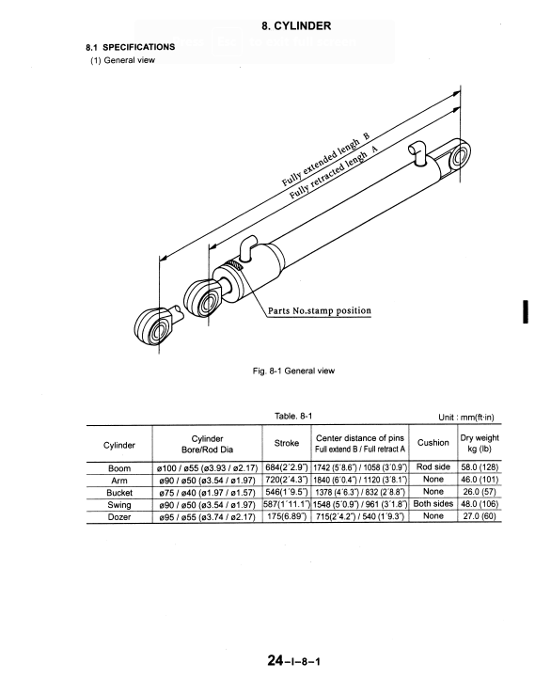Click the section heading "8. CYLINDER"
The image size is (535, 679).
click(296, 26)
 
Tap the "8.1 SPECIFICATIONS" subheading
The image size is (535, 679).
click(131, 47)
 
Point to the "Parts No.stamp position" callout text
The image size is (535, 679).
click(320, 311)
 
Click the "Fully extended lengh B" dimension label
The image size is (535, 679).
click(325, 159)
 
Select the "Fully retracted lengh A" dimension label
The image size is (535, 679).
click(333, 172)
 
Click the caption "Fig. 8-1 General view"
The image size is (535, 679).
click(293, 371)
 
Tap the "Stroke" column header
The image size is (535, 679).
click(287, 443)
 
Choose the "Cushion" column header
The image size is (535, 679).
click(433, 443)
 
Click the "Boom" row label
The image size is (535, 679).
click(119, 468)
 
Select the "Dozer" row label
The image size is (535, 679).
click(119, 516)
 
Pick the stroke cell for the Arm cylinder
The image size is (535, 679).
click(287, 480)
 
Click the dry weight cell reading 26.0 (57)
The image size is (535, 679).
click(480, 492)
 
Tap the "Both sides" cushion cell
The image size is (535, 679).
click(433, 504)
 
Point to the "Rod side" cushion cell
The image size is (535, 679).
click(433, 466)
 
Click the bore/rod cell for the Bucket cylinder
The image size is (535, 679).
click(207, 493)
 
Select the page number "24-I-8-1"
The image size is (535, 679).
click(294, 660)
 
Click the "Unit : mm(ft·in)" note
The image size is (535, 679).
click(466, 418)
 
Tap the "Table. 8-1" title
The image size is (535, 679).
click(293, 417)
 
